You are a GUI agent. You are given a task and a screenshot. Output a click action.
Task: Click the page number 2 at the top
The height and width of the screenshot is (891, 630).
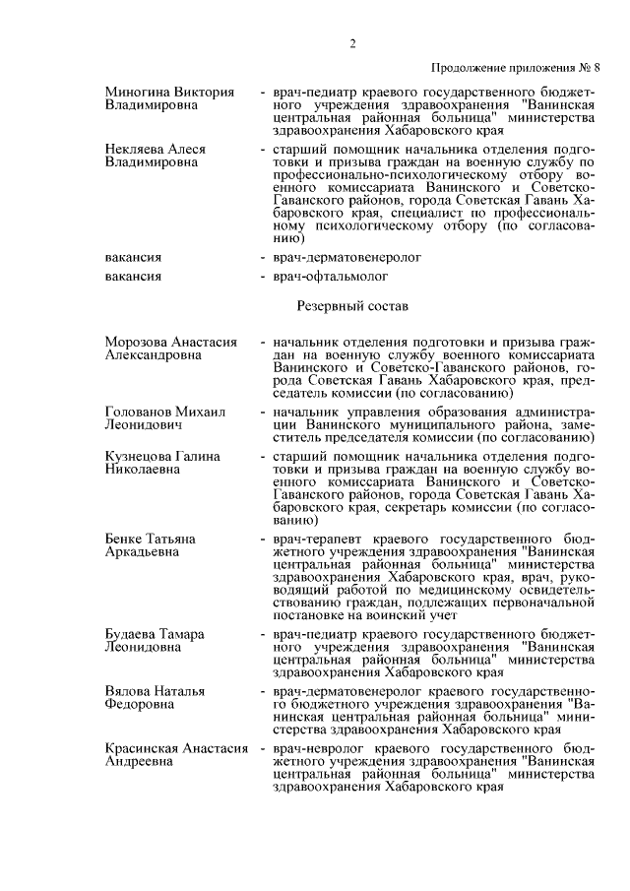[350, 43]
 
